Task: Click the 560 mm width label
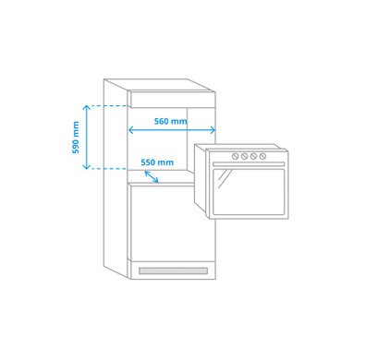tap(170, 122)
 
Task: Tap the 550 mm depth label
tap(157, 163)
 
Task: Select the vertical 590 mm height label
tap(77, 137)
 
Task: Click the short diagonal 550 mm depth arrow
tap(151, 176)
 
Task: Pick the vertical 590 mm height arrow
tap(87, 137)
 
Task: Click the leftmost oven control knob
tap(236, 157)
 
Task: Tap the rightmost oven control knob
tap(263, 157)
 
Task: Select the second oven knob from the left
tap(245, 157)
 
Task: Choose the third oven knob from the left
tap(254, 157)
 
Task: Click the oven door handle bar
tap(249, 164)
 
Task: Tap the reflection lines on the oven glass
tap(224, 178)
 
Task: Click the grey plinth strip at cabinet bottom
tap(173, 270)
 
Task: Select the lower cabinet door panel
tap(172, 222)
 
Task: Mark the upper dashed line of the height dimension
tap(107, 106)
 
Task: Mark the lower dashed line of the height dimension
tap(107, 169)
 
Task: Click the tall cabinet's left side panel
tap(116, 175)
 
